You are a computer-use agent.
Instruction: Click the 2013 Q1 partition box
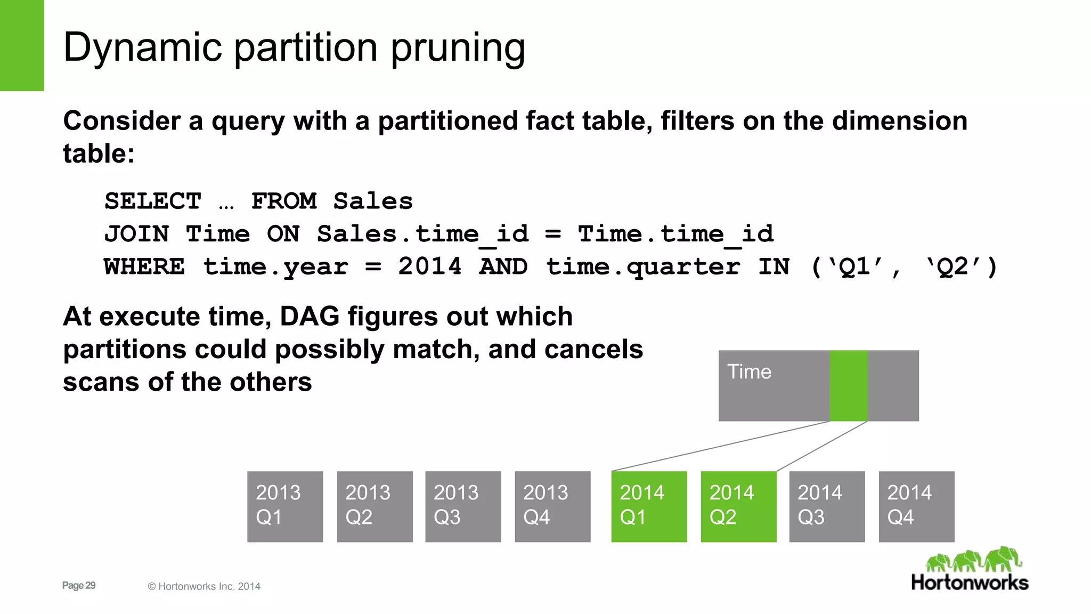[285, 506]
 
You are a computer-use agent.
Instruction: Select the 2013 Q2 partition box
[374, 506]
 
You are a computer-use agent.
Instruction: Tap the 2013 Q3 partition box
[463, 506]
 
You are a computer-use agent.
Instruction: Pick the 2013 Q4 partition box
[552, 506]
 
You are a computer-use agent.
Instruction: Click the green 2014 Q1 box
[649, 506]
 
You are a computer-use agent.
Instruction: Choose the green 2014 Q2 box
[738, 506]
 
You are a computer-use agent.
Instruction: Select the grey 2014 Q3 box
[827, 506]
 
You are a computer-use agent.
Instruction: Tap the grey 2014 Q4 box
[916, 506]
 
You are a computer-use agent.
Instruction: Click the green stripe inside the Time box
[849, 385]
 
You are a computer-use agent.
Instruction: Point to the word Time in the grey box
[749, 371]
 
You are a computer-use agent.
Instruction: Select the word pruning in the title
[458, 48]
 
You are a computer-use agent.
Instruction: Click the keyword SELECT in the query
[153, 201]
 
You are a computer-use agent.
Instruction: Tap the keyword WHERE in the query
[144, 266]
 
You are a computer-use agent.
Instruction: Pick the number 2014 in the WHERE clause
[429, 266]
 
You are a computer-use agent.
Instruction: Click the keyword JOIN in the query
[136, 234]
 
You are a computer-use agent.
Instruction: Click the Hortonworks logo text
[970, 582]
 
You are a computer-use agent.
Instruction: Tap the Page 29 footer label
[79, 585]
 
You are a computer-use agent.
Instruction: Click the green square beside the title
[21, 45]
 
